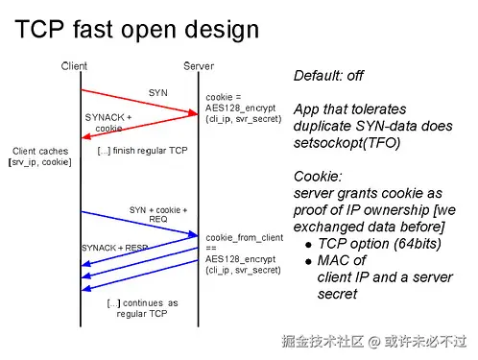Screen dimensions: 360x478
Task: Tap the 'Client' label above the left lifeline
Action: click(x=74, y=66)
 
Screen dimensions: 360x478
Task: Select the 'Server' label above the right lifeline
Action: click(x=199, y=66)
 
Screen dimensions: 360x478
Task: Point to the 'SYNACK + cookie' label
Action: click(x=108, y=122)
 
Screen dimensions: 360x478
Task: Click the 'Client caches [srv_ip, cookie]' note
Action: click(x=40, y=156)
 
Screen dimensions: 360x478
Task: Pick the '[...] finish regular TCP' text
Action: click(x=142, y=151)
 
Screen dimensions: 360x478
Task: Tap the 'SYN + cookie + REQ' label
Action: click(x=158, y=214)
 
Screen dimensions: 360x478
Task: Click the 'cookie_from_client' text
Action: click(x=244, y=236)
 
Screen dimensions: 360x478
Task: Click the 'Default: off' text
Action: click(x=328, y=76)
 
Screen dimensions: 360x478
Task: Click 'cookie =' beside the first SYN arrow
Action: click(x=224, y=96)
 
